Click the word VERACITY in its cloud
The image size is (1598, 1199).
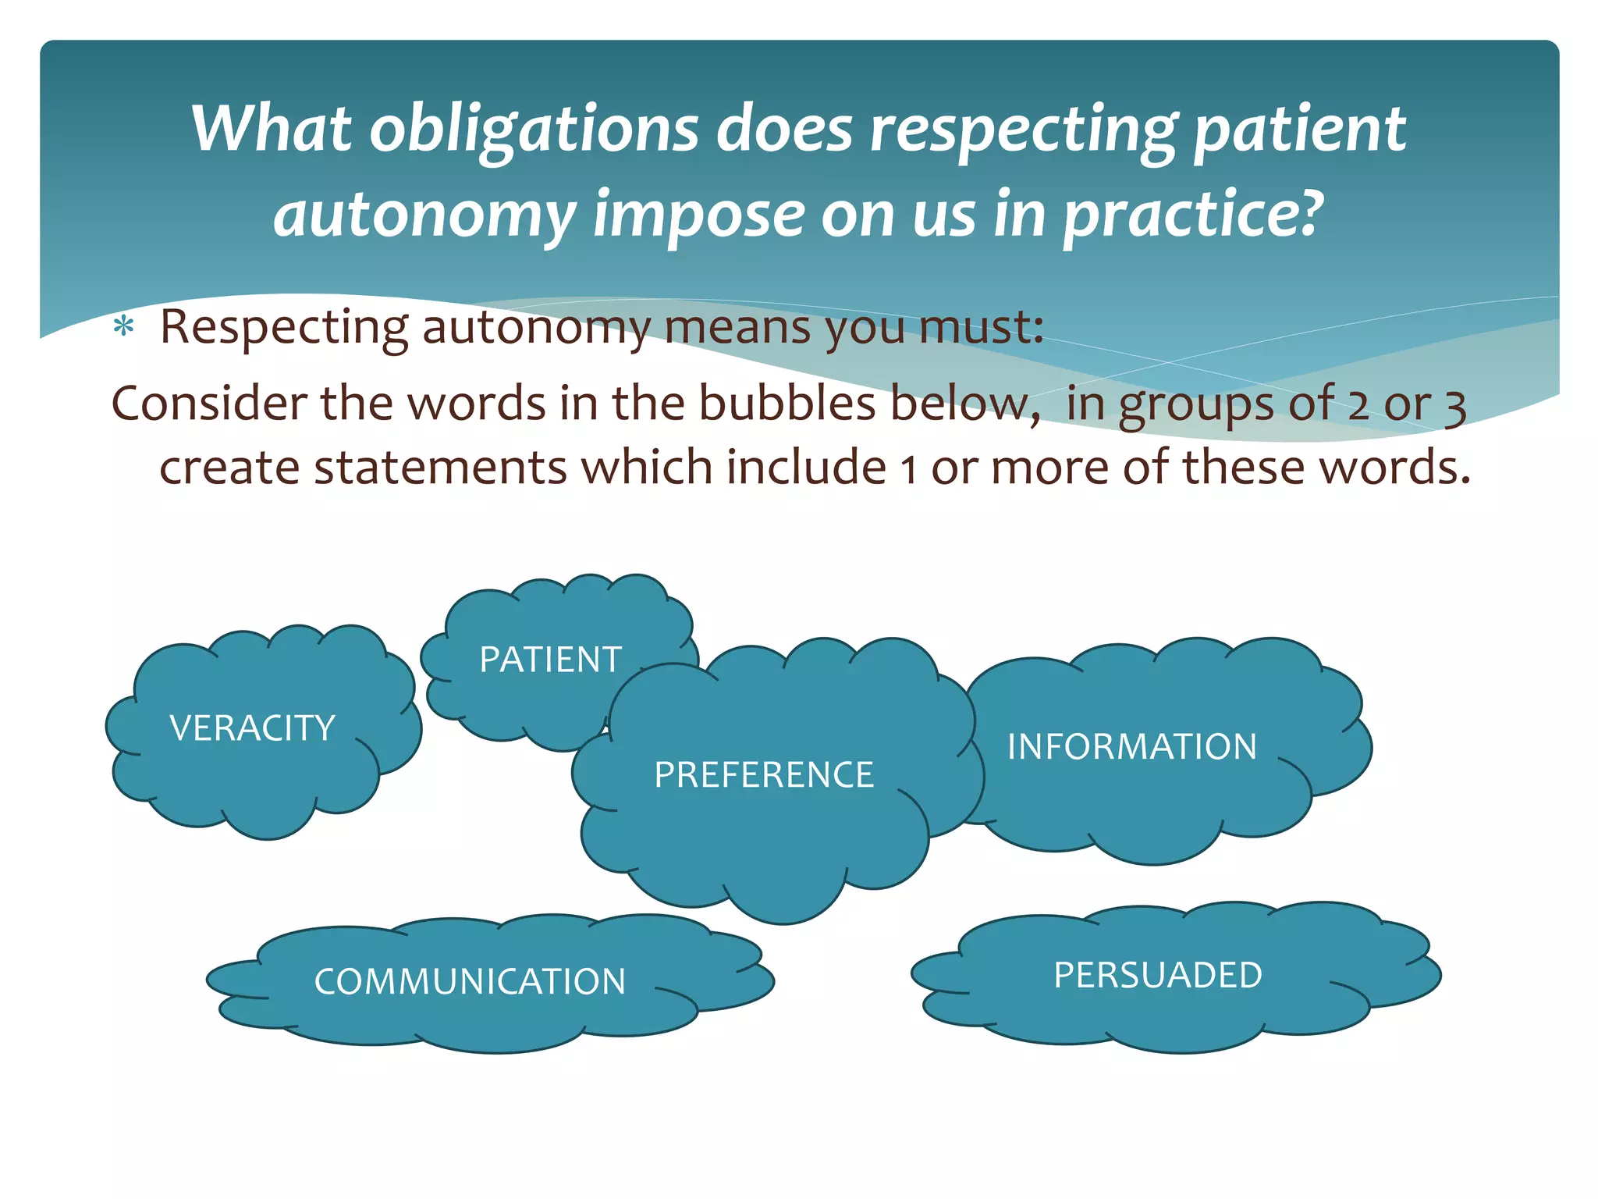click(x=252, y=728)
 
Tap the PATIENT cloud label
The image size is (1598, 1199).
click(x=550, y=660)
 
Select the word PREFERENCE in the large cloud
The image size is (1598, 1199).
click(x=764, y=774)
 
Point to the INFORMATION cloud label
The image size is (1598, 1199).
click(x=1132, y=746)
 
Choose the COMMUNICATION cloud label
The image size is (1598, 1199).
click(x=470, y=981)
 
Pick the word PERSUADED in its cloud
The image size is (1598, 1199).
click(x=1158, y=975)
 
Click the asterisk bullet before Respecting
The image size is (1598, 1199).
click(x=123, y=328)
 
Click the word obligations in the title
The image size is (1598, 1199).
click(x=534, y=129)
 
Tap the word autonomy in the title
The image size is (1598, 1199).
click(x=424, y=215)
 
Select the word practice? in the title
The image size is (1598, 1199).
click(x=1195, y=215)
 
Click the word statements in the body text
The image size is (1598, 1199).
click(x=440, y=468)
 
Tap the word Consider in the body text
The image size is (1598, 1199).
click(x=208, y=404)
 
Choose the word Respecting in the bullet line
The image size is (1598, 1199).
click(x=283, y=328)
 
